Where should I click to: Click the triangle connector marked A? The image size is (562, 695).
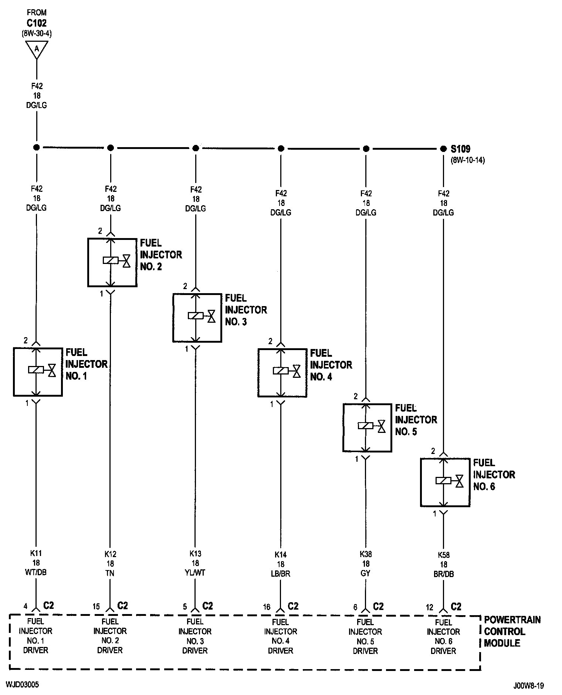click(37, 48)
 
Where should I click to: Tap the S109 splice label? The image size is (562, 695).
click(461, 149)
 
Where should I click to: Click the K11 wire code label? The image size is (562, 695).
click(36, 553)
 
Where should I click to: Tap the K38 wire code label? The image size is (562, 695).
click(366, 554)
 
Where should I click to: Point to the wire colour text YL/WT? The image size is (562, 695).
click(195, 573)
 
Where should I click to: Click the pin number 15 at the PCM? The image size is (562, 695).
click(96, 607)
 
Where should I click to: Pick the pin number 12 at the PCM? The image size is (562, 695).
click(429, 607)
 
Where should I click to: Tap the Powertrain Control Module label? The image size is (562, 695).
click(512, 631)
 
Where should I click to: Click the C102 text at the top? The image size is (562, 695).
click(37, 23)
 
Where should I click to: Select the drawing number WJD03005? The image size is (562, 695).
click(22, 685)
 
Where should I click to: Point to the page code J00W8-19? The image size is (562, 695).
click(528, 686)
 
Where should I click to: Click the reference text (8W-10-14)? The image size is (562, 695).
click(468, 160)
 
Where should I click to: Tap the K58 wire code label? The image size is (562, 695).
click(443, 555)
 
